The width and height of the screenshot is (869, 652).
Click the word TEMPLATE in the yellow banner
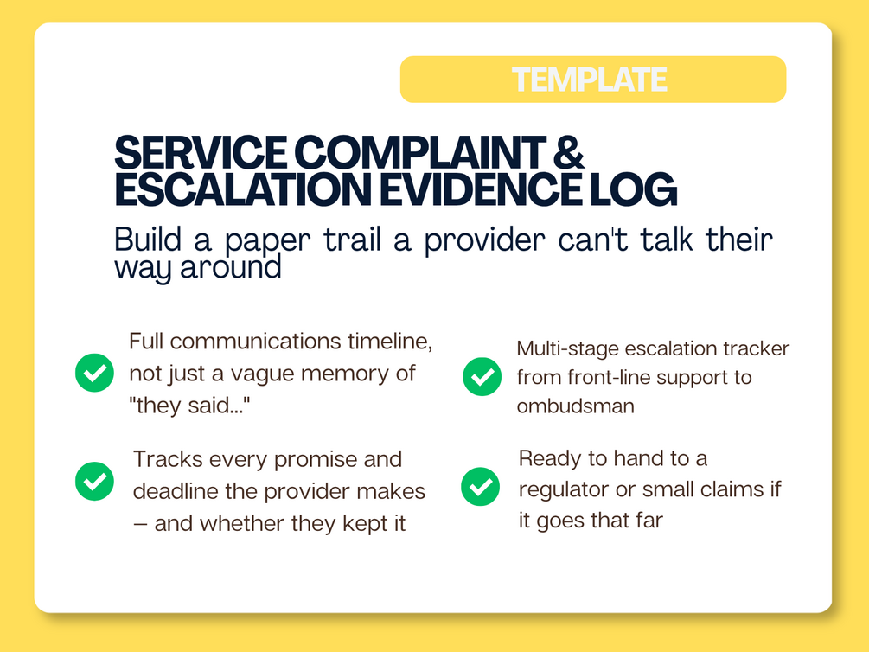[589, 80]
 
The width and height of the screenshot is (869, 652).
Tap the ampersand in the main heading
[569, 152]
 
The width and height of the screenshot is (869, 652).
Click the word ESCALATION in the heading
[243, 189]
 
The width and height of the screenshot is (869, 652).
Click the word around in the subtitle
[231, 268]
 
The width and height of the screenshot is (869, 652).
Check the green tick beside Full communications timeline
[95, 373]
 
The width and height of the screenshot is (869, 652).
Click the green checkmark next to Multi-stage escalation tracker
[482, 376]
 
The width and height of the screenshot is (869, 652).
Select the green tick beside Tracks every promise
[95, 482]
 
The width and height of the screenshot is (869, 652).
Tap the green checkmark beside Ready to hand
[481, 487]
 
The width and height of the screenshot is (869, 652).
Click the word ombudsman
[575, 406]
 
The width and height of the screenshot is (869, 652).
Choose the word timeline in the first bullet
[390, 342]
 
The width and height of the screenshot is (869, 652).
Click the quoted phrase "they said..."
[189, 406]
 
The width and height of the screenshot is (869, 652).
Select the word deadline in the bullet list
[176, 492]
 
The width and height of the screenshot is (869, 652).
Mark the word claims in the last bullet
[728, 489]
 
